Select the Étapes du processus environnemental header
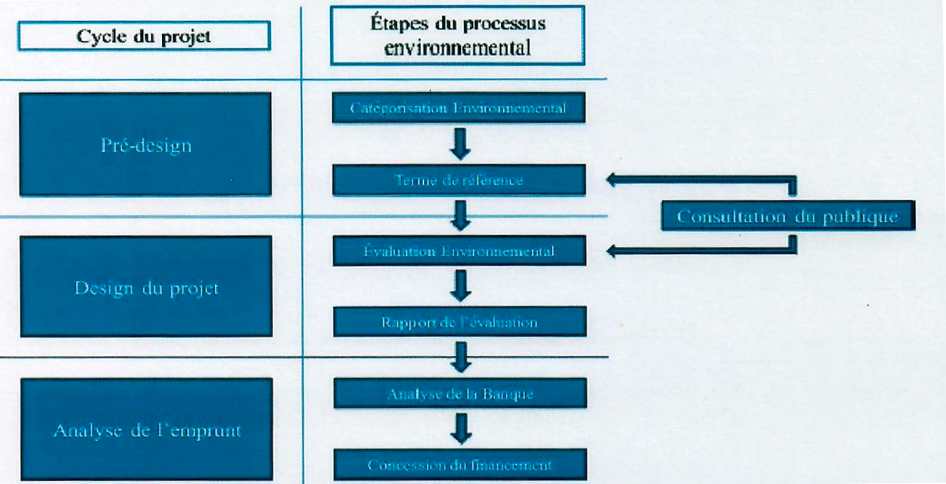(x=458, y=35)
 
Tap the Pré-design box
(x=145, y=144)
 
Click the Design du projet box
(x=145, y=287)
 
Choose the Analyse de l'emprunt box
(x=145, y=430)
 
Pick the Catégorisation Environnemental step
(x=459, y=108)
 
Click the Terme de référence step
(x=459, y=180)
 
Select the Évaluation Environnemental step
(x=459, y=251)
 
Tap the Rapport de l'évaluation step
(x=459, y=322)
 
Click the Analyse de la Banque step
(x=459, y=393)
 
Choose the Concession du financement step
(x=459, y=464)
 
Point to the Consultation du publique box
(x=787, y=216)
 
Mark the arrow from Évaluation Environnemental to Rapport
(x=459, y=287)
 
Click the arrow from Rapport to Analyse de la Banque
(x=459, y=357)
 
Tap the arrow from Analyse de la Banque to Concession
(x=459, y=429)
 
